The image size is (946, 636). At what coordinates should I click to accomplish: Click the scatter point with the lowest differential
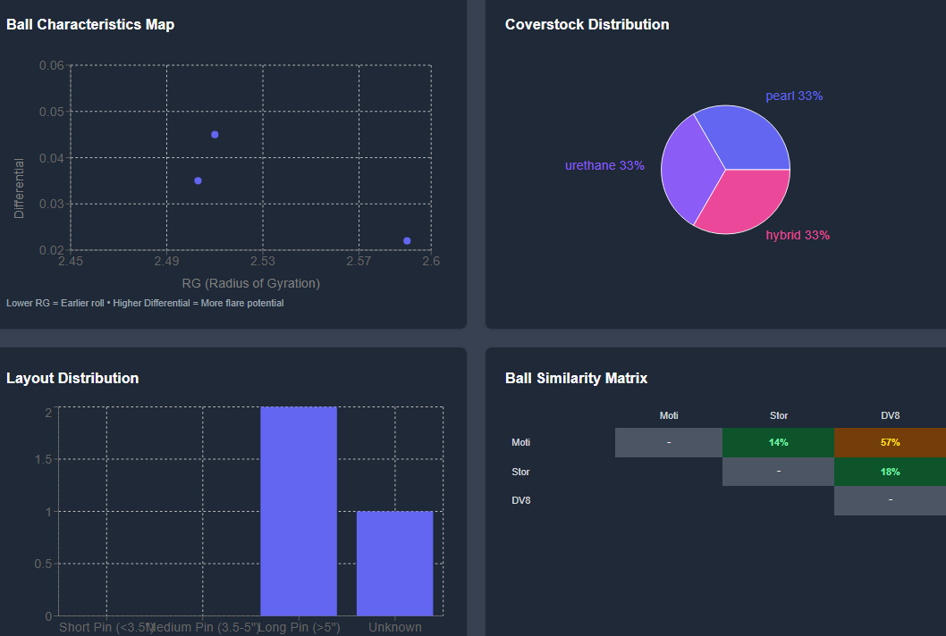pyautogui.click(x=407, y=240)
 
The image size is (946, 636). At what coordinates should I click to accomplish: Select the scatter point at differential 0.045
pyautogui.click(x=215, y=134)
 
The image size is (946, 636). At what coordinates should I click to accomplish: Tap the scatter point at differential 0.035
pyautogui.click(x=198, y=180)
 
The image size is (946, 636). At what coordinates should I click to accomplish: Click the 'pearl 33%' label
pyautogui.click(x=794, y=96)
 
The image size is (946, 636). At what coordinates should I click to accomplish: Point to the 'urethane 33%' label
pyautogui.click(x=604, y=165)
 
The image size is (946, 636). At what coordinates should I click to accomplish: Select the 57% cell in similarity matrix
pyautogui.click(x=890, y=442)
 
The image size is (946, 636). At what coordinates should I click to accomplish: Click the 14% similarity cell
pyautogui.click(x=778, y=442)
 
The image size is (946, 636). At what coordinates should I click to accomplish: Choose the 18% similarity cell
pyautogui.click(x=890, y=472)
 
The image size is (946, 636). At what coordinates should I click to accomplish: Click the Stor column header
pyautogui.click(x=779, y=415)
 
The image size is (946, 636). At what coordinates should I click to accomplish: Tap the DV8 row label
pyautogui.click(x=521, y=500)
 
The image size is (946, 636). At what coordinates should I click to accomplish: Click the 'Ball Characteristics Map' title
pyautogui.click(x=90, y=24)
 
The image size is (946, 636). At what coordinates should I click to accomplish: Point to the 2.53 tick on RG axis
pyautogui.click(x=262, y=261)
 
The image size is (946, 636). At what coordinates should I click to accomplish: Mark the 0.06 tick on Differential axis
pyautogui.click(x=52, y=65)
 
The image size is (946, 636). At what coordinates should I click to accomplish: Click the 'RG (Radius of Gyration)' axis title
pyautogui.click(x=250, y=283)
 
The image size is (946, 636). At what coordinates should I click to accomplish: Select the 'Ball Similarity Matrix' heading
pyautogui.click(x=576, y=378)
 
